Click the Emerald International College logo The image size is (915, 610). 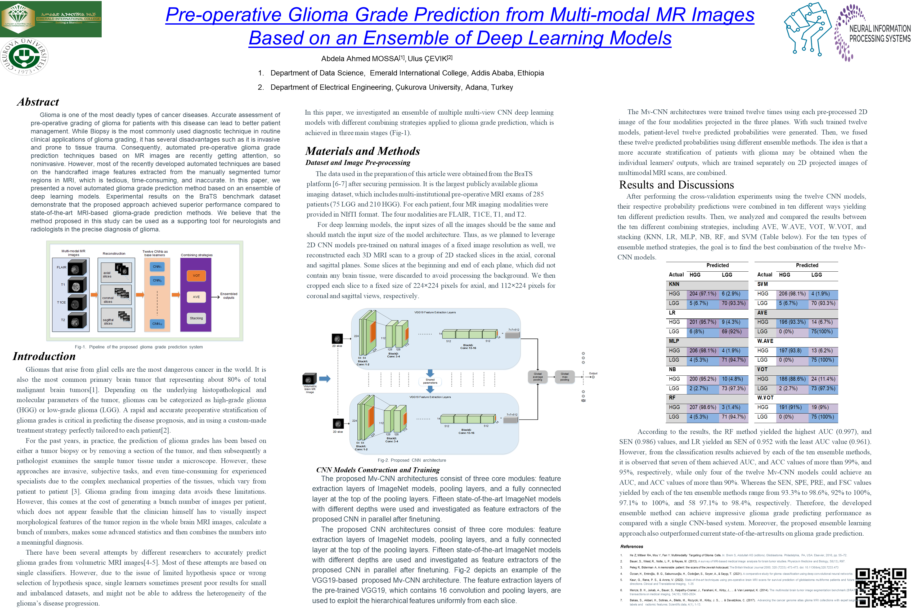51,19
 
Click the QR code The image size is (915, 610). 882,587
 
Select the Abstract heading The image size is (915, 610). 38,102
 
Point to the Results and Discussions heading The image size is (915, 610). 676,185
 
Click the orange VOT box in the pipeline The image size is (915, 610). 196,275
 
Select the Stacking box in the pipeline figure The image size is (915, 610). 196,318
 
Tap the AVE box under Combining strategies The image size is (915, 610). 196,297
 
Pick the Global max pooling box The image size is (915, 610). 564,376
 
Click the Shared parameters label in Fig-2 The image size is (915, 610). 430,381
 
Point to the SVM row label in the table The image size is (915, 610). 762,284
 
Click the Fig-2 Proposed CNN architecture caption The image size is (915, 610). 412,460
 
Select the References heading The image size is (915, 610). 631,546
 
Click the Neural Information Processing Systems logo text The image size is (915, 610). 879,33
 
